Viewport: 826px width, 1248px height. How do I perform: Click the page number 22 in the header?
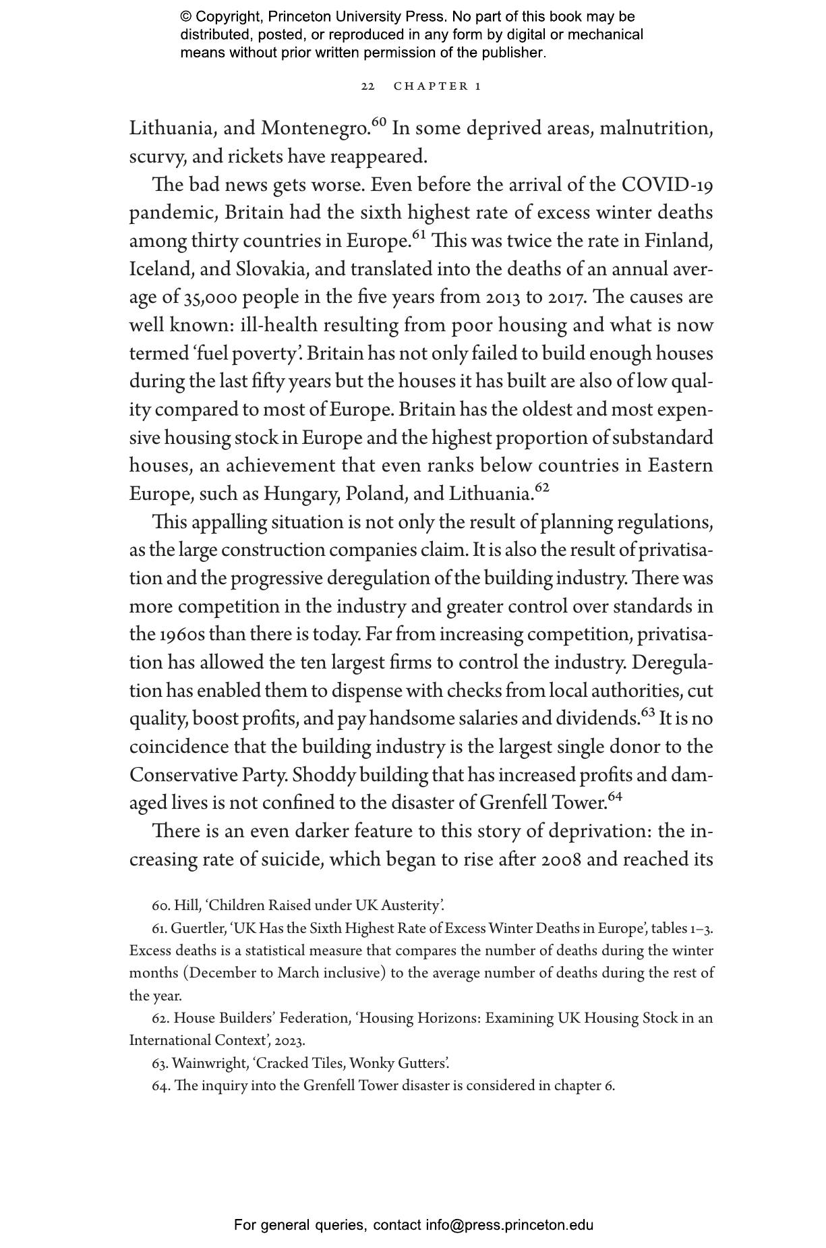click(x=367, y=86)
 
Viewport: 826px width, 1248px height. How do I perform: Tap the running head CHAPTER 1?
click(x=438, y=86)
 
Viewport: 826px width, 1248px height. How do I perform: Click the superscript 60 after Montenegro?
click(x=379, y=122)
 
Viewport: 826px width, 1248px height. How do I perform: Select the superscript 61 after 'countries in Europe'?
click(x=419, y=235)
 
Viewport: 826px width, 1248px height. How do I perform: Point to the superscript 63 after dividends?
click(x=647, y=712)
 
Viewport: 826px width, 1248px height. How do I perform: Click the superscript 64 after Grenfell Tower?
click(x=615, y=797)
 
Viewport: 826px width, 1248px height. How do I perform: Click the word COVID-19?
click(x=667, y=185)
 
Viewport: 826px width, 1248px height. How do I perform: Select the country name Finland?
click(x=678, y=241)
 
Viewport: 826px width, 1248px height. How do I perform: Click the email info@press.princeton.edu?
click(x=509, y=1225)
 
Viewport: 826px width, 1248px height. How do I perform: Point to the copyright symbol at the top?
click(x=186, y=17)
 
